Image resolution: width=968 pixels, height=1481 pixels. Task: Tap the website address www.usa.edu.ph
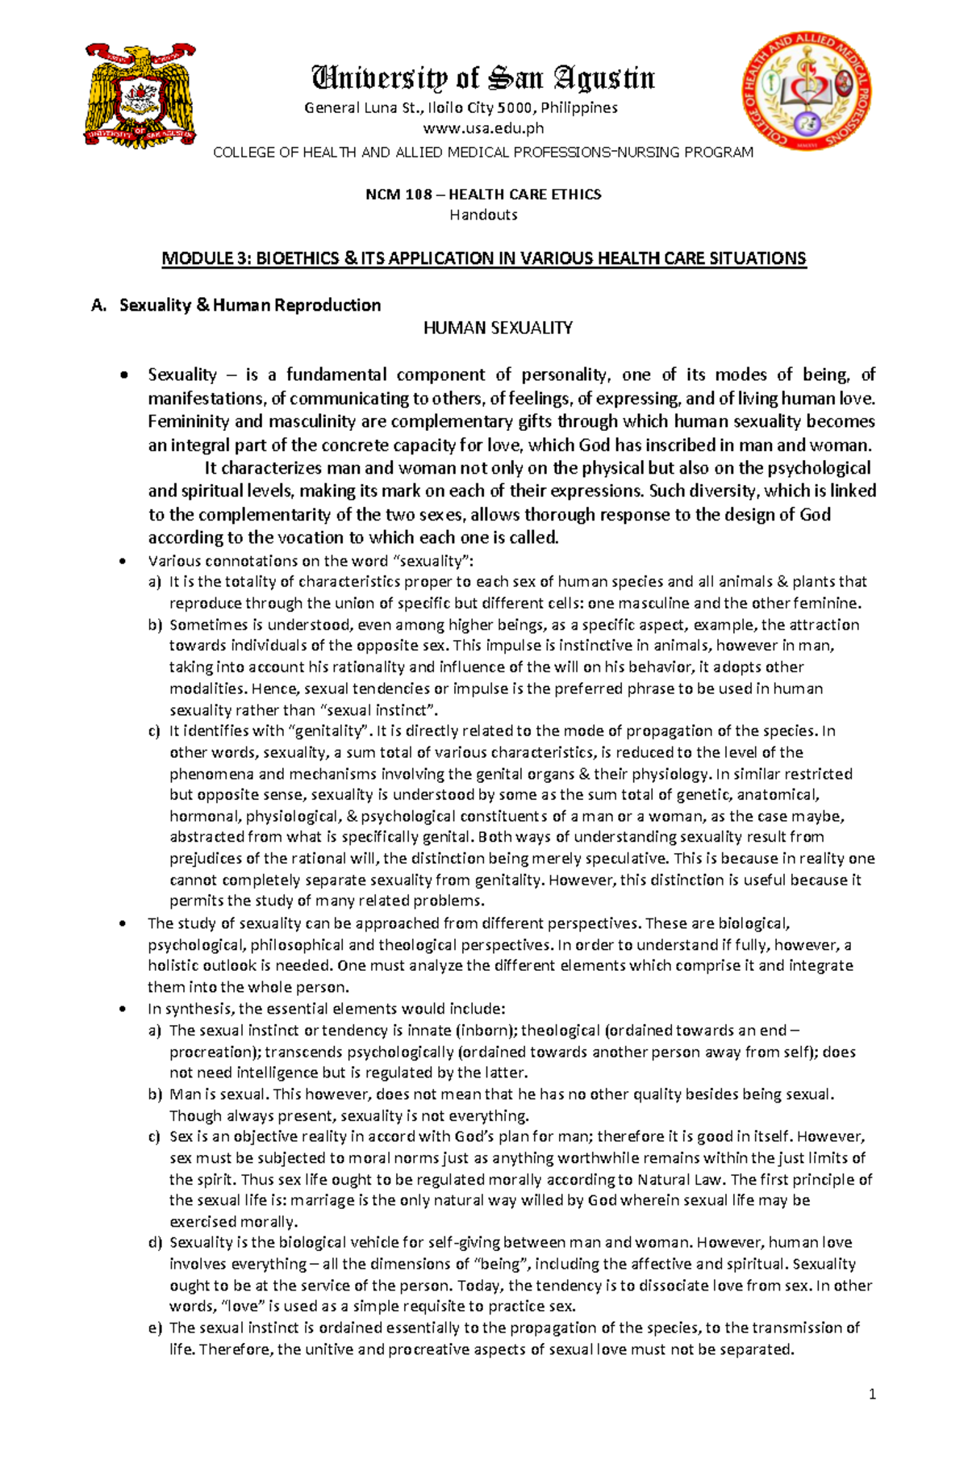(483, 128)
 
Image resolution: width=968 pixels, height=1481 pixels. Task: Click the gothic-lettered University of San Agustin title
(483, 78)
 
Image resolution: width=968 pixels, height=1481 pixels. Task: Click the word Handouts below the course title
(483, 215)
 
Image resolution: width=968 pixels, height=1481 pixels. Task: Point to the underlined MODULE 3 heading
(483, 258)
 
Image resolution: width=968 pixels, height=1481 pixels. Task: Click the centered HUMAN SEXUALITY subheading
(498, 328)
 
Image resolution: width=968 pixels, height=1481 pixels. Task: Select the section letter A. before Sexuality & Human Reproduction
(99, 305)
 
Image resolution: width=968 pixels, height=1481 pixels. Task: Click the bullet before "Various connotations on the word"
(123, 562)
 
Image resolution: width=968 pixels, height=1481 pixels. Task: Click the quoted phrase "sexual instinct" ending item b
(379, 710)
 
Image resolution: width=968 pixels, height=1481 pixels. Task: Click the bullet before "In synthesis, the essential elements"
(123, 1010)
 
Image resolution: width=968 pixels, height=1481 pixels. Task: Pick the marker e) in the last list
(155, 1328)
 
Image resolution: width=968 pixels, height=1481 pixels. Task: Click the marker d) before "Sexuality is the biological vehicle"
(155, 1243)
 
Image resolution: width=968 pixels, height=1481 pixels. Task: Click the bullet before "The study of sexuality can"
(123, 924)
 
